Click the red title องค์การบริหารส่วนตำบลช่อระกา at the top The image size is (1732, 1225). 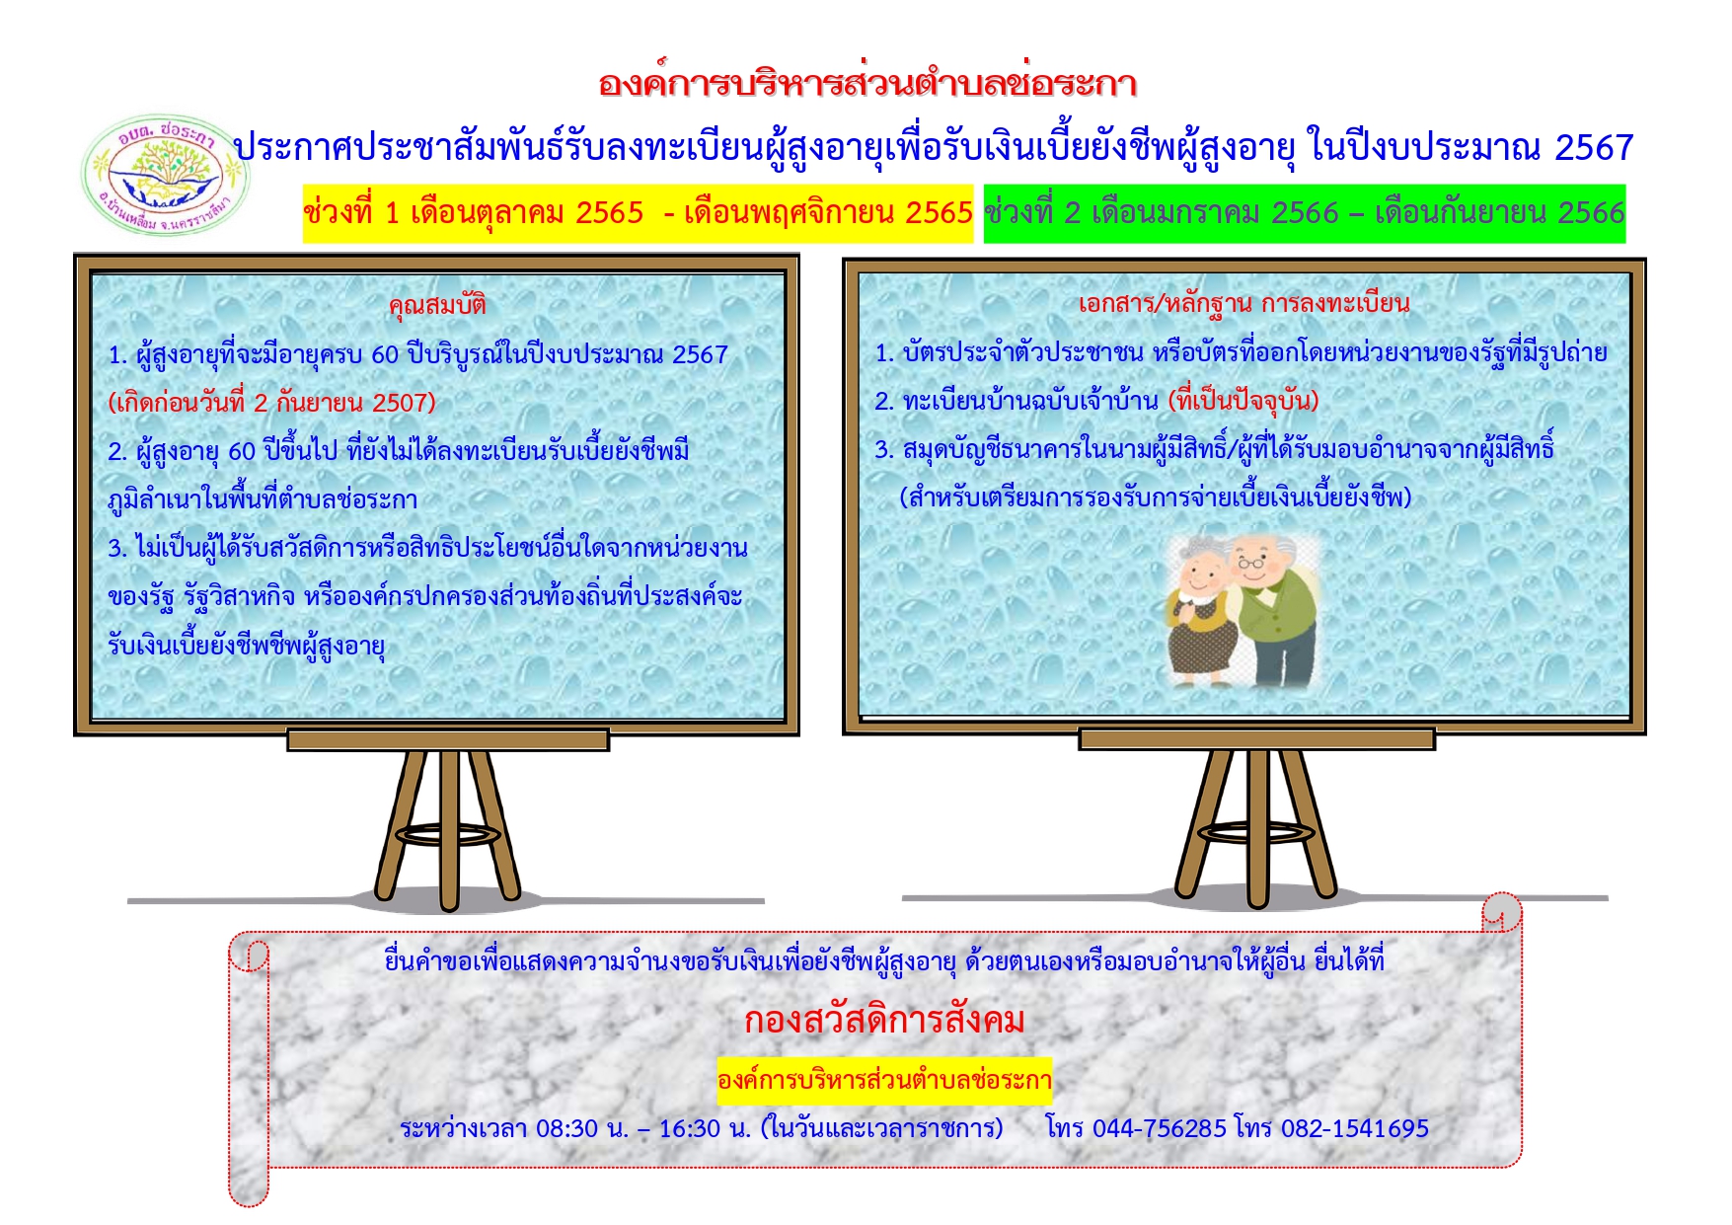pos(867,83)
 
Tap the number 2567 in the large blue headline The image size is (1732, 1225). pos(1594,148)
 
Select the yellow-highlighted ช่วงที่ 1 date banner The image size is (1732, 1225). pos(638,213)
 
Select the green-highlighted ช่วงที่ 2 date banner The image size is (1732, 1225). pos(1305,213)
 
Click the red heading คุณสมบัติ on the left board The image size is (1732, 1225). pos(437,304)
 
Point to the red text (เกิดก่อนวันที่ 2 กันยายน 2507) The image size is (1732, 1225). pos(271,403)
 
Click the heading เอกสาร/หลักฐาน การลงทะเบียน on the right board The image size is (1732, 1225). pos(1243,303)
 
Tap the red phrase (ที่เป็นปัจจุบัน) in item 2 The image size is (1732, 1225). pos(1243,401)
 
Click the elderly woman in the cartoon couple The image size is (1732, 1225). pos(1200,614)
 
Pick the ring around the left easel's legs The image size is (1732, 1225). pos(449,834)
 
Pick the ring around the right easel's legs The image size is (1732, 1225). pos(1257,832)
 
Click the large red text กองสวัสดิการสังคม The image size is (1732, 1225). pos(884,1020)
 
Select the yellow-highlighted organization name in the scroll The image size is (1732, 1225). pos(884,1080)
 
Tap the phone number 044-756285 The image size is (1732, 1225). pos(1160,1128)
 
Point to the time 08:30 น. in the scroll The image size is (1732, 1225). pos(582,1128)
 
